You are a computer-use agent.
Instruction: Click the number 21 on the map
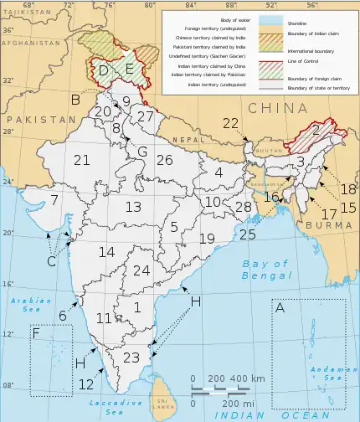tap(81, 160)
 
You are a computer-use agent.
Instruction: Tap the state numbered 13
tap(133, 207)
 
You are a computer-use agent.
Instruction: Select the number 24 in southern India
tap(141, 270)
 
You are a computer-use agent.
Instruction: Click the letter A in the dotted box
tap(280, 308)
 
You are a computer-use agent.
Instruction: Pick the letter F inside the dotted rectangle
tap(36, 335)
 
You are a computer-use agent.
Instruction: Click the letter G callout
tap(142, 152)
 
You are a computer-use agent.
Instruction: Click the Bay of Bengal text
tap(265, 270)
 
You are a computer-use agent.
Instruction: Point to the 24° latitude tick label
tap(7, 182)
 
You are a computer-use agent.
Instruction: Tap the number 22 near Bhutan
tap(231, 123)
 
